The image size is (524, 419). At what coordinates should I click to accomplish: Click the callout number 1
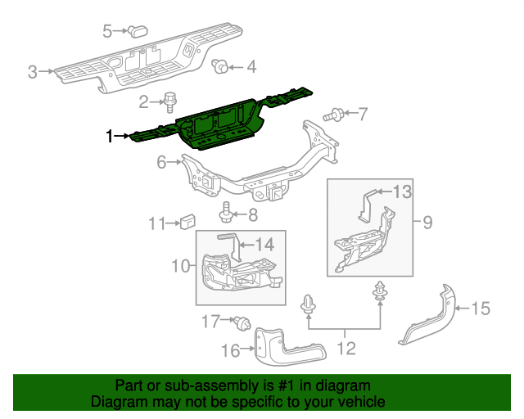[x=108, y=136]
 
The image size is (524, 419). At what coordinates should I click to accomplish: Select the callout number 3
[x=33, y=72]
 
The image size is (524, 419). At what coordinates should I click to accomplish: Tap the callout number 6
[x=162, y=163]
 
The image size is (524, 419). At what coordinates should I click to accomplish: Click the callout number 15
[x=481, y=309]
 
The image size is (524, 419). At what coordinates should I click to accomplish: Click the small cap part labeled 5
[x=136, y=31]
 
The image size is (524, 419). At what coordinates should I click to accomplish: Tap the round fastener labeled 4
[x=219, y=66]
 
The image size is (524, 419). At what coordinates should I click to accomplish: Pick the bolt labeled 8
[x=226, y=214]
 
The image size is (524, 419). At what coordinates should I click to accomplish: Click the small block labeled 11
[x=187, y=221]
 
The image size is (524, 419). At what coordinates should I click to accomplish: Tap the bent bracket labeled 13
[x=370, y=201]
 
